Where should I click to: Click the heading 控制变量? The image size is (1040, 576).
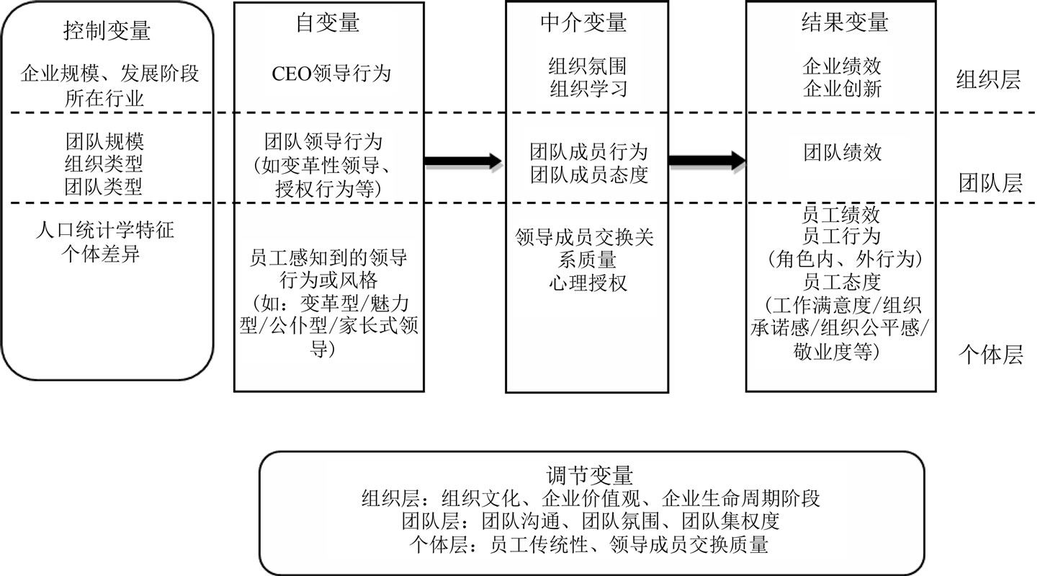point(107,32)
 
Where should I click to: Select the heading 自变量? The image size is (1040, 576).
point(328,23)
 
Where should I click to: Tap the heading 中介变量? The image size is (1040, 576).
point(583,23)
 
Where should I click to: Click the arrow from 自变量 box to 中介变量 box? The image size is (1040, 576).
point(462,161)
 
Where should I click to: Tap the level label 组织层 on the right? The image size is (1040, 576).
point(987,79)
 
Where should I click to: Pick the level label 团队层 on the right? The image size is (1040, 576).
point(990,184)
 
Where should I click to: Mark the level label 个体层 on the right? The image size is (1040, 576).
point(990,354)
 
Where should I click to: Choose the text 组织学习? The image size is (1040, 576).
point(588,89)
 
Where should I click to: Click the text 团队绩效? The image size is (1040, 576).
point(842,153)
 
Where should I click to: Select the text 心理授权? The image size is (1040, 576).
point(588,281)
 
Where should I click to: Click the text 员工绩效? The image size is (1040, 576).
point(842,215)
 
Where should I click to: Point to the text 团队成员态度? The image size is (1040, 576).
point(588,174)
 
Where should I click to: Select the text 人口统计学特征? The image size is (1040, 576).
point(105,232)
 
